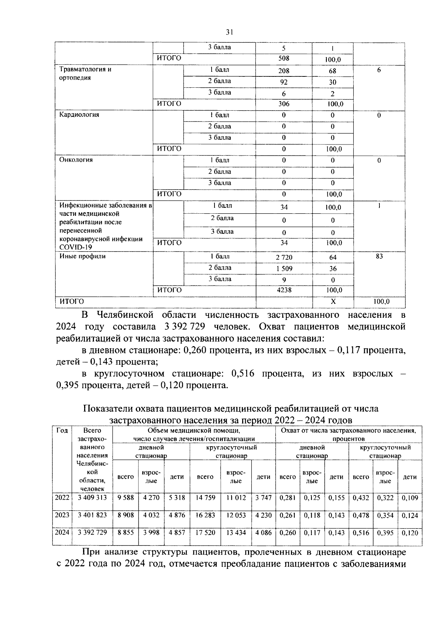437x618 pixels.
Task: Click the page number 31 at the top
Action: [x=229, y=32]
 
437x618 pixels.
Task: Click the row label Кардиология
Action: [x=79, y=115]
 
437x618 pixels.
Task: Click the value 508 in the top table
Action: [x=284, y=59]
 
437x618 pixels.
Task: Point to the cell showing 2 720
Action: [x=284, y=257]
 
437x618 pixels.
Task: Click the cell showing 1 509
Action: [x=284, y=269]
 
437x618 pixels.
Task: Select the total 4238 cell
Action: [x=284, y=290]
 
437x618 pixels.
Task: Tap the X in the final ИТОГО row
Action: [x=333, y=302]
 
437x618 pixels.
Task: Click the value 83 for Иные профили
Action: [x=379, y=256]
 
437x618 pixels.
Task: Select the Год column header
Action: [x=62, y=431]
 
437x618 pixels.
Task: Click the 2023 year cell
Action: [x=62, y=515]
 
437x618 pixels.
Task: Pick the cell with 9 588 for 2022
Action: [x=126, y=498]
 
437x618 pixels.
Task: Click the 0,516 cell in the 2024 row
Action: [x=361, y=533]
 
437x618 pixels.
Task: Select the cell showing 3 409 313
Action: [x=92, y=498]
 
